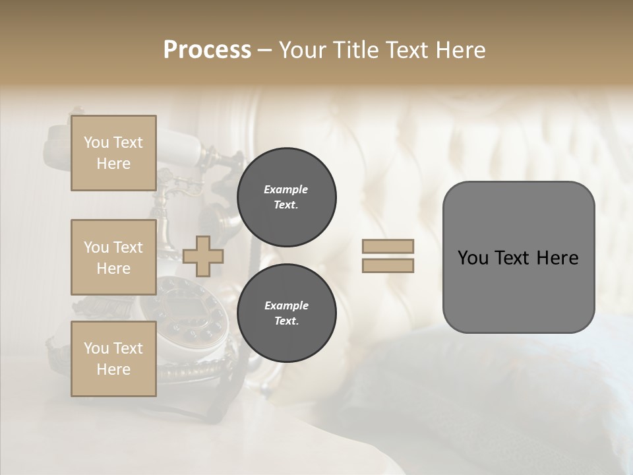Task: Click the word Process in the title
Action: [207, 50]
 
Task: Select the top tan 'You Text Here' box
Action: [113, 153]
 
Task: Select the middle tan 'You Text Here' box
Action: [113, 257]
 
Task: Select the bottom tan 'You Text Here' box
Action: [113, 359]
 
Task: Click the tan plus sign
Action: [202, 256]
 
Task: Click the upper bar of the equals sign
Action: [388, 246]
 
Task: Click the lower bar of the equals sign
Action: [388, 266]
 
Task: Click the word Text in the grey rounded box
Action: [514, 258]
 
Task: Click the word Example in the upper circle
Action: [286, 189]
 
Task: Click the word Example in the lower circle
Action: [286, 305]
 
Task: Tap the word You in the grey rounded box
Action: [473, 258]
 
